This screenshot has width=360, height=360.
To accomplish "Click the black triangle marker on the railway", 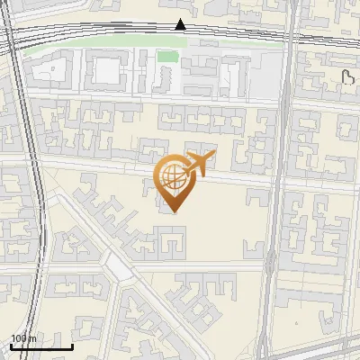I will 181,24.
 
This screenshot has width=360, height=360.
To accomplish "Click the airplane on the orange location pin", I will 198,164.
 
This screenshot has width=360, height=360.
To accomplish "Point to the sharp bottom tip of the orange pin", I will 173,212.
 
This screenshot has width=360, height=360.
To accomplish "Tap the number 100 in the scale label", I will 19,337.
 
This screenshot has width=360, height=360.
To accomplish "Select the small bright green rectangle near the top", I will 166,57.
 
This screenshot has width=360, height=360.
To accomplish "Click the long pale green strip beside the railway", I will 90,45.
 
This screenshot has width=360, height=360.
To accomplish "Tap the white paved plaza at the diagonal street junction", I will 116,265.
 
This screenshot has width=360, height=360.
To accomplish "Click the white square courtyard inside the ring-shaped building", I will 106,71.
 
